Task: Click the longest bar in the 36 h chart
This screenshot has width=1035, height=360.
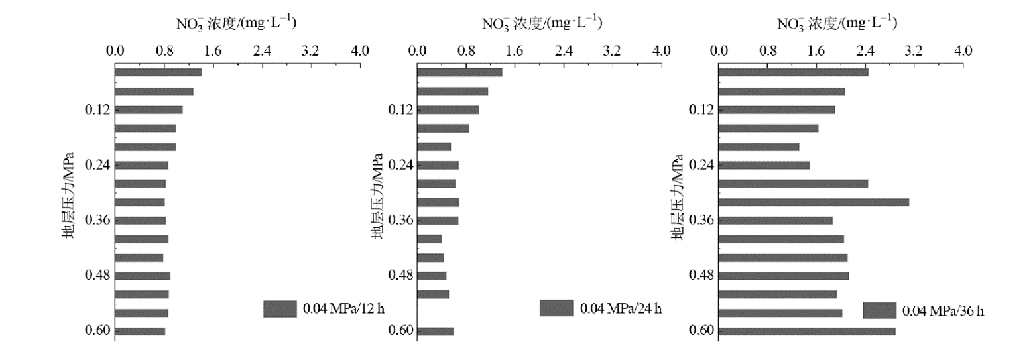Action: click(814, 202)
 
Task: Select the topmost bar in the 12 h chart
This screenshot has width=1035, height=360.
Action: click(158, 72)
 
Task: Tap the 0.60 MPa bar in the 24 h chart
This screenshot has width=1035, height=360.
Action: click(436, 331)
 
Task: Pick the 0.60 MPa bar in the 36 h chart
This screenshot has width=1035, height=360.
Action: click(807, 331)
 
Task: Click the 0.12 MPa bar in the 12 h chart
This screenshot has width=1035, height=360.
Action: click(149, 110)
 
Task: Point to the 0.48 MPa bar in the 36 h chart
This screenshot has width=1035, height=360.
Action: click(784, 276)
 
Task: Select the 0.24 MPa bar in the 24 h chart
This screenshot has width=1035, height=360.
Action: click(438, 165)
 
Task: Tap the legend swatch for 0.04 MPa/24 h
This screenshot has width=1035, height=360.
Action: click(556, 308)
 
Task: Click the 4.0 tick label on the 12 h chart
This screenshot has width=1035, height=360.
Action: click(359, 50)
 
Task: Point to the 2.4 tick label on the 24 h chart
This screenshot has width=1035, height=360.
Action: click(564, 50)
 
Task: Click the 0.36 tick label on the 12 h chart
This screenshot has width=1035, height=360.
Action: click(98, 221)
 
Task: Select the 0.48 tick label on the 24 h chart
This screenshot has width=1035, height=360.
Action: click(400, 276)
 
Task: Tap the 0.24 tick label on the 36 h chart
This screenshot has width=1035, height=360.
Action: click(702, 165)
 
